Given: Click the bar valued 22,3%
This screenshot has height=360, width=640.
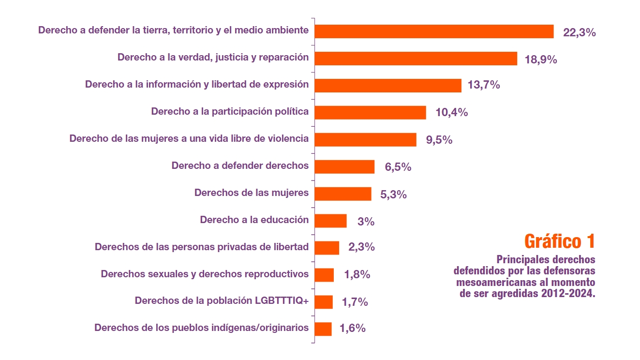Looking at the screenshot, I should [434, 31].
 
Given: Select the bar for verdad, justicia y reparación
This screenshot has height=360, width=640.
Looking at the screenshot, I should [416, 59].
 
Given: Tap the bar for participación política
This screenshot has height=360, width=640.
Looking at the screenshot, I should [370, 112].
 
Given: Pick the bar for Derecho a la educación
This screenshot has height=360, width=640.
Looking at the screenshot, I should [330, 221].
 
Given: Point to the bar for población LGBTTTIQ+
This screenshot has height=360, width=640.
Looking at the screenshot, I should [324, 302].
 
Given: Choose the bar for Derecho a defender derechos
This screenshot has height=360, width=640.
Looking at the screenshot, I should [344, 167].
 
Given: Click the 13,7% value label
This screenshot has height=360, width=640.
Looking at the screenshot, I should [484, 85].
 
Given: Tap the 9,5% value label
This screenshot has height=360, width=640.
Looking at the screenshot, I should [439, 140].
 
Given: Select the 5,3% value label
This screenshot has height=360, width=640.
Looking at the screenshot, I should [393, 195].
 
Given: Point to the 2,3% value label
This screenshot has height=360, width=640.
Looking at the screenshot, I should [361, 247].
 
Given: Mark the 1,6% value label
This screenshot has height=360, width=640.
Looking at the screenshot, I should [352, 328].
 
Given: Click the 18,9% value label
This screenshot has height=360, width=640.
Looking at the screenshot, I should [541, 60].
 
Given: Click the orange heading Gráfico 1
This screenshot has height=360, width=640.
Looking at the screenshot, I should [559, 240].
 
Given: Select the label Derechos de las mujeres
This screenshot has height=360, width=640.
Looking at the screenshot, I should [251, 193].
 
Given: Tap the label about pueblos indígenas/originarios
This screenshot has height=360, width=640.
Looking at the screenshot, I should [201, 328].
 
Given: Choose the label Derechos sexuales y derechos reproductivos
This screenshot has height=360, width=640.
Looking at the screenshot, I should [205, 274].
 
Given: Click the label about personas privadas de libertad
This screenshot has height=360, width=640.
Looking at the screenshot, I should [201, 247].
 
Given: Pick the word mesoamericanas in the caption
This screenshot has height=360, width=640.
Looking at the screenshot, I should [499, 282].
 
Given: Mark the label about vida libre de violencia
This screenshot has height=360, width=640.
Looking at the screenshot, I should [189, 138].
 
